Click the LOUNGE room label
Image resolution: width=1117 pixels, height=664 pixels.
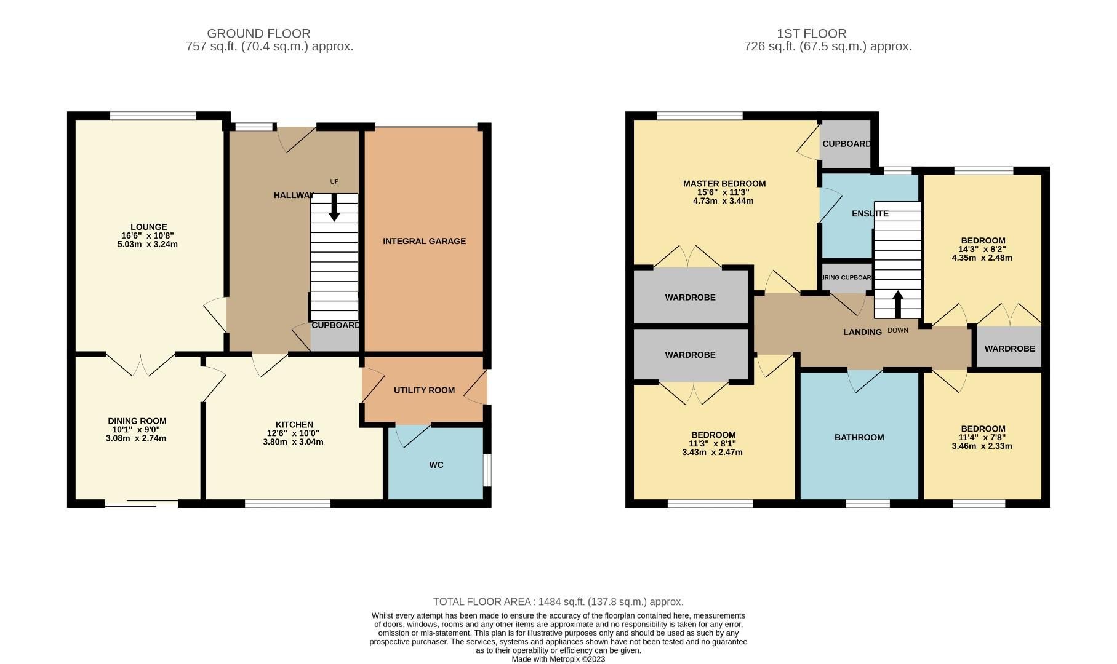coord(148,227)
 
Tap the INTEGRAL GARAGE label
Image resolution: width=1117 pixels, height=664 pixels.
coord(424,241)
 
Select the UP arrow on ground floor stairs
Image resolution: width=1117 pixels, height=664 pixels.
coord(334,208)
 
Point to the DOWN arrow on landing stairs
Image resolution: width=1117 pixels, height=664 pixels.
coord(898,304)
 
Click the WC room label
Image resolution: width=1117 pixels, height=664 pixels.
coord(436,465)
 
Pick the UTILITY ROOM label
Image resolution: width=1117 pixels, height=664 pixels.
coord(424,390)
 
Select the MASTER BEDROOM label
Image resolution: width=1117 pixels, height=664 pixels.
coord(724,183)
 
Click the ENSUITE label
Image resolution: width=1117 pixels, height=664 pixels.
coord(870,214)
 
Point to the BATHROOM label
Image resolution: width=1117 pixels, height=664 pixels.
coord(859,437)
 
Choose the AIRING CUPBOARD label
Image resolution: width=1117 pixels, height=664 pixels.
coord(848,277)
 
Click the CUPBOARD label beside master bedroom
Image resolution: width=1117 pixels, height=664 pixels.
coord(846,144)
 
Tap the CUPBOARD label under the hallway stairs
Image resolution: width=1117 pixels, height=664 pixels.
coord(335,325)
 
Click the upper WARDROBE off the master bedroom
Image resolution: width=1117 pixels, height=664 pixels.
coord(690,297)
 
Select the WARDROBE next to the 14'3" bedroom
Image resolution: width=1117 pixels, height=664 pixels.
coord(1009,348)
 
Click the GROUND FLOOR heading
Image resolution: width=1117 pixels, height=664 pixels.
coord(258,33)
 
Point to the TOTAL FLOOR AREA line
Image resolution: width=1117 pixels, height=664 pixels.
coord(558,602)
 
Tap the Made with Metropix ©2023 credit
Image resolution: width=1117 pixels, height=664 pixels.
coord(558,659)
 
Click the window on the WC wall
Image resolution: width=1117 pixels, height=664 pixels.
coord(487,470)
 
